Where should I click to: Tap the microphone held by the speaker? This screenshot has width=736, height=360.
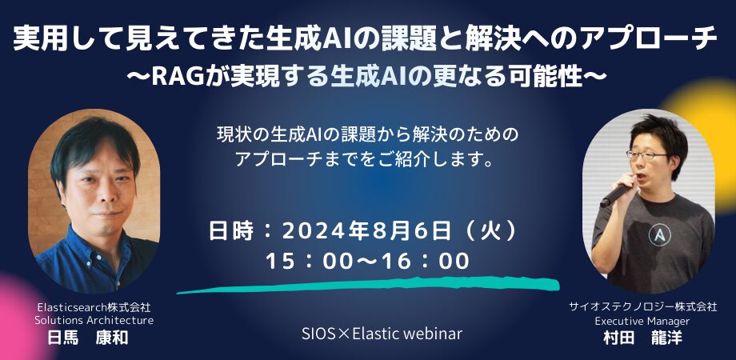[616, 194]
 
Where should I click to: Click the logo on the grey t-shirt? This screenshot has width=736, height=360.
[659, 234]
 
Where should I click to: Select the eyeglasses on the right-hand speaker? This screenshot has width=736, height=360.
[646, 154]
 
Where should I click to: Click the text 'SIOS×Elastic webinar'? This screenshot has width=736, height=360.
[382, 334]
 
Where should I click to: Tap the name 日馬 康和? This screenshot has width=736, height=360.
[88, 338]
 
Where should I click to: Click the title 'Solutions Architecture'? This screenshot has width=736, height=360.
[94, 321]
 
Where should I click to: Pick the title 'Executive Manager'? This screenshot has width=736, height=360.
[642, 322]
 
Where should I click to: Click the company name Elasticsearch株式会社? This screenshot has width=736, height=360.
[94, 307]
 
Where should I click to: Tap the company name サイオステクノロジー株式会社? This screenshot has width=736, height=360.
[643, 307]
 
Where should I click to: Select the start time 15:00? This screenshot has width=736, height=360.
[309, 261]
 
